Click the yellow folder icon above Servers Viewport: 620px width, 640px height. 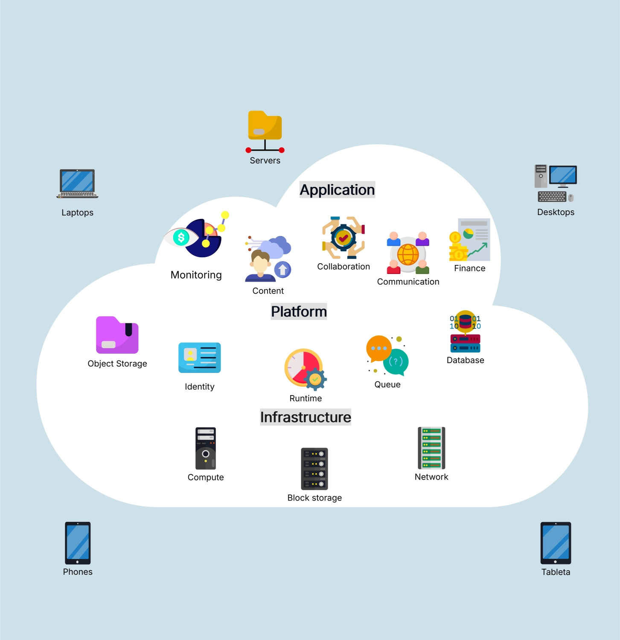265,125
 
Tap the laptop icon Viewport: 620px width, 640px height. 77,183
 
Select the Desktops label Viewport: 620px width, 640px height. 556,212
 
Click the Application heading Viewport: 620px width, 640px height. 337,190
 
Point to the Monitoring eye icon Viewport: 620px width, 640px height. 181,237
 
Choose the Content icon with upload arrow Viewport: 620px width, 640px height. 268,259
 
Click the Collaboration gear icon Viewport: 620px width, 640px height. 343,238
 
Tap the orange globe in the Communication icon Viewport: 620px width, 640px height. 408,254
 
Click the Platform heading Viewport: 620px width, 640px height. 299,311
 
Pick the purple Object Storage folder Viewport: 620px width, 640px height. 117,335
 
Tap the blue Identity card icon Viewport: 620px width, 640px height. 200,358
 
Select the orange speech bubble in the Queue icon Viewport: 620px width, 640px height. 378,348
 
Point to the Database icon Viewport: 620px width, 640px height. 465,332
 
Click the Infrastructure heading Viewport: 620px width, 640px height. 306,417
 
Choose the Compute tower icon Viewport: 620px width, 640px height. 206,448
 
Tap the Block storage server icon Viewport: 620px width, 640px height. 314,468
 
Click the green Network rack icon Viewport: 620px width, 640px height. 431,448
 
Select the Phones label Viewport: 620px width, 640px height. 78,572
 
